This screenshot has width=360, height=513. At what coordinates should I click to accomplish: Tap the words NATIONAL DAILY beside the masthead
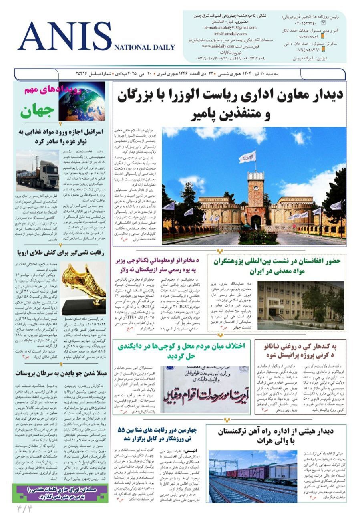145,47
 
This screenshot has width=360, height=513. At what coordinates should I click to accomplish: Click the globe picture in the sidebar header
76,101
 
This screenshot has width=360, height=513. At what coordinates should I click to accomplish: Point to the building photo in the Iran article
300,305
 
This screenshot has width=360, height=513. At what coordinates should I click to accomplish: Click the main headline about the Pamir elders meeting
231,105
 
